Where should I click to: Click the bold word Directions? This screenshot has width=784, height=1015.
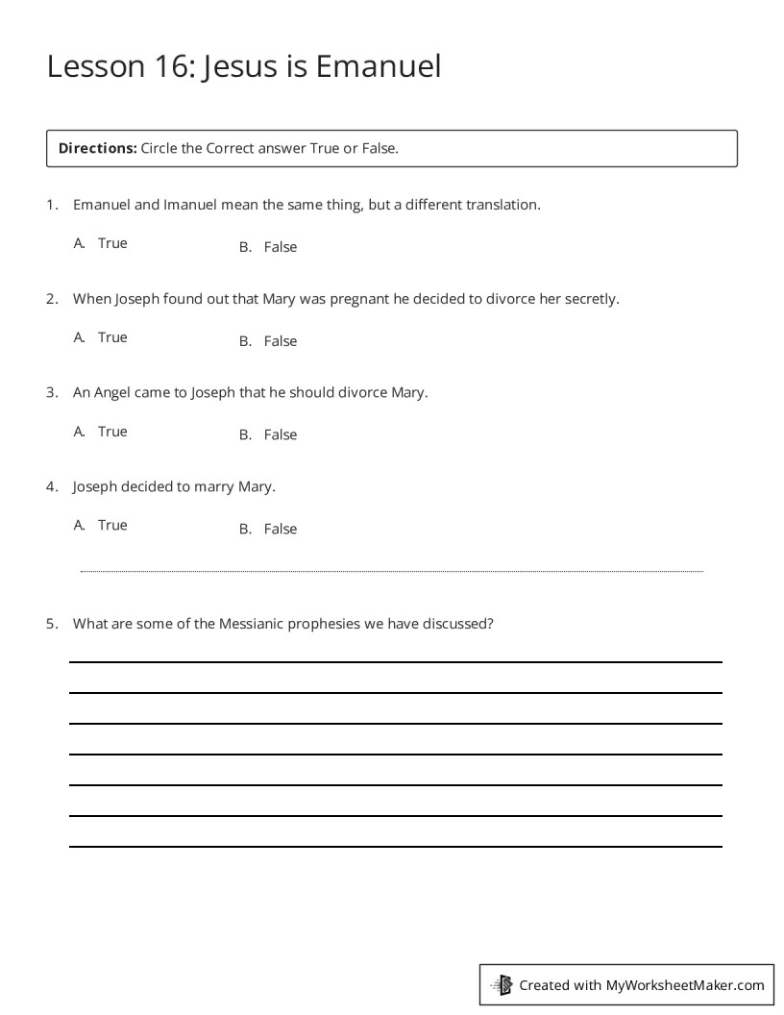coord(98,148)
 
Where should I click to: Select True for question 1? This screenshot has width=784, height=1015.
coord(112,243)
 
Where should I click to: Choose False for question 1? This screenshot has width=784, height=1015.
coord(281,247)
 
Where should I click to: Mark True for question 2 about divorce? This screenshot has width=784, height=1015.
coord(112,337)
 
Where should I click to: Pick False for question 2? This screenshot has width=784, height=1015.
coord(281,341)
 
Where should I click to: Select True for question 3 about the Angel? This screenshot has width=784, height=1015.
coord(112,432)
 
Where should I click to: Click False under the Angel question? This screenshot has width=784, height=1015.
coord(281,434)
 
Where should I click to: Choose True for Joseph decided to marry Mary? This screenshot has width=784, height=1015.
coord(112,525)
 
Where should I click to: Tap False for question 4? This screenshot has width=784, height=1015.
coord(281,529)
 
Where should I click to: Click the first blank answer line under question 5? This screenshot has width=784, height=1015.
coord(395,661)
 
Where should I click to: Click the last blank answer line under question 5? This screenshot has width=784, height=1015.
coord(395,846)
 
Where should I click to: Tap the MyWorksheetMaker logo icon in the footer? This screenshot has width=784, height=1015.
coord(502,984)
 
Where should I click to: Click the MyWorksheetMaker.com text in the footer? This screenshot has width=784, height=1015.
coord(685,984)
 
